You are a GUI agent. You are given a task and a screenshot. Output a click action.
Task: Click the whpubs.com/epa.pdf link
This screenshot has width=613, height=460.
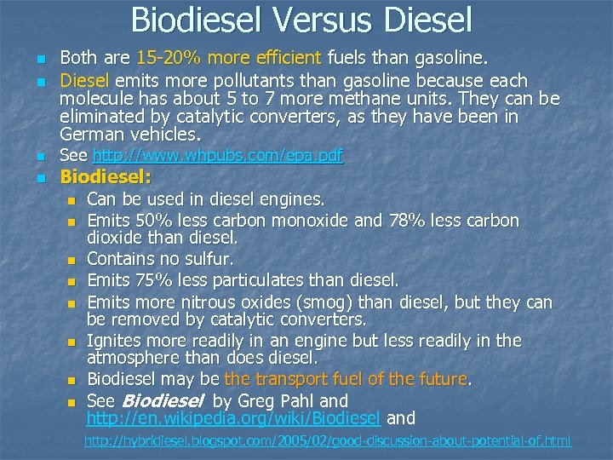217,155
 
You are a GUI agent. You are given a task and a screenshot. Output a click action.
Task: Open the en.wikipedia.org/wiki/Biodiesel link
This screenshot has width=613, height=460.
233,418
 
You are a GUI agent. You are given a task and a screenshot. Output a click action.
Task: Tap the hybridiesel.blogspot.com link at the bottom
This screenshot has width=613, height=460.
327,441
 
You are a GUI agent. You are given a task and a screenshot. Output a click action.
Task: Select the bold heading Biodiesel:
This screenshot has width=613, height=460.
106,178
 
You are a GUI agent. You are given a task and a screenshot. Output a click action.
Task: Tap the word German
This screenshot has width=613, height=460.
92,135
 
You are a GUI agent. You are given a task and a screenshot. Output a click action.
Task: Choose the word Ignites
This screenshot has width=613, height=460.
115,341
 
